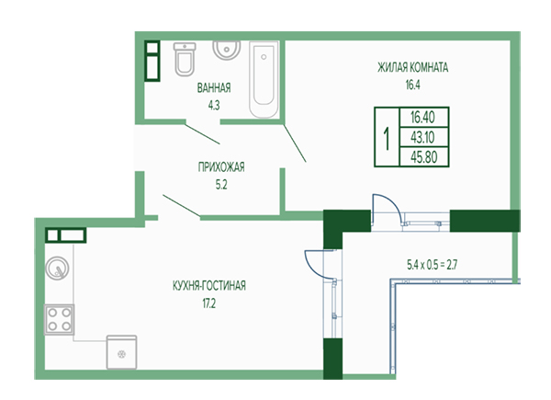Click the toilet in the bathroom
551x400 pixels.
tap(185, 59)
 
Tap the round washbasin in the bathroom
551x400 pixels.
tap(227, 50)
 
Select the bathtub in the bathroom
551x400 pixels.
tap(264, 79)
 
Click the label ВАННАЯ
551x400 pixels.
tap(214, 87)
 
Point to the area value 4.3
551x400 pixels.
tap(214, 105)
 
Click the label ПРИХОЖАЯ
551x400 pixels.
tap(221, 166)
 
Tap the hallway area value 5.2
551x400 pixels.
tap(221, 184)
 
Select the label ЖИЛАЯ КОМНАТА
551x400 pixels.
tap(413, 67)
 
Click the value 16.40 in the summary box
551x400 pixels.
tap(422, 117)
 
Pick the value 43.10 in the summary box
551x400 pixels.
tap(422, 137)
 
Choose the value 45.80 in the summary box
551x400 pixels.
tap(423, 157)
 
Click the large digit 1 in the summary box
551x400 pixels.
tap(387, 139)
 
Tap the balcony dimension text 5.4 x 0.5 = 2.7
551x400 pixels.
tap(432, 264)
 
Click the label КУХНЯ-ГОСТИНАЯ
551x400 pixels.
tap(209, 285)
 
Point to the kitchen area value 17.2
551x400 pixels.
tap(209, 303)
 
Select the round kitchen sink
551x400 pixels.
tap(57, 269)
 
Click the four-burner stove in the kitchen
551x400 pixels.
tap(59, 319)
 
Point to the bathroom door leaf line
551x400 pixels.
tap(203, 134)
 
